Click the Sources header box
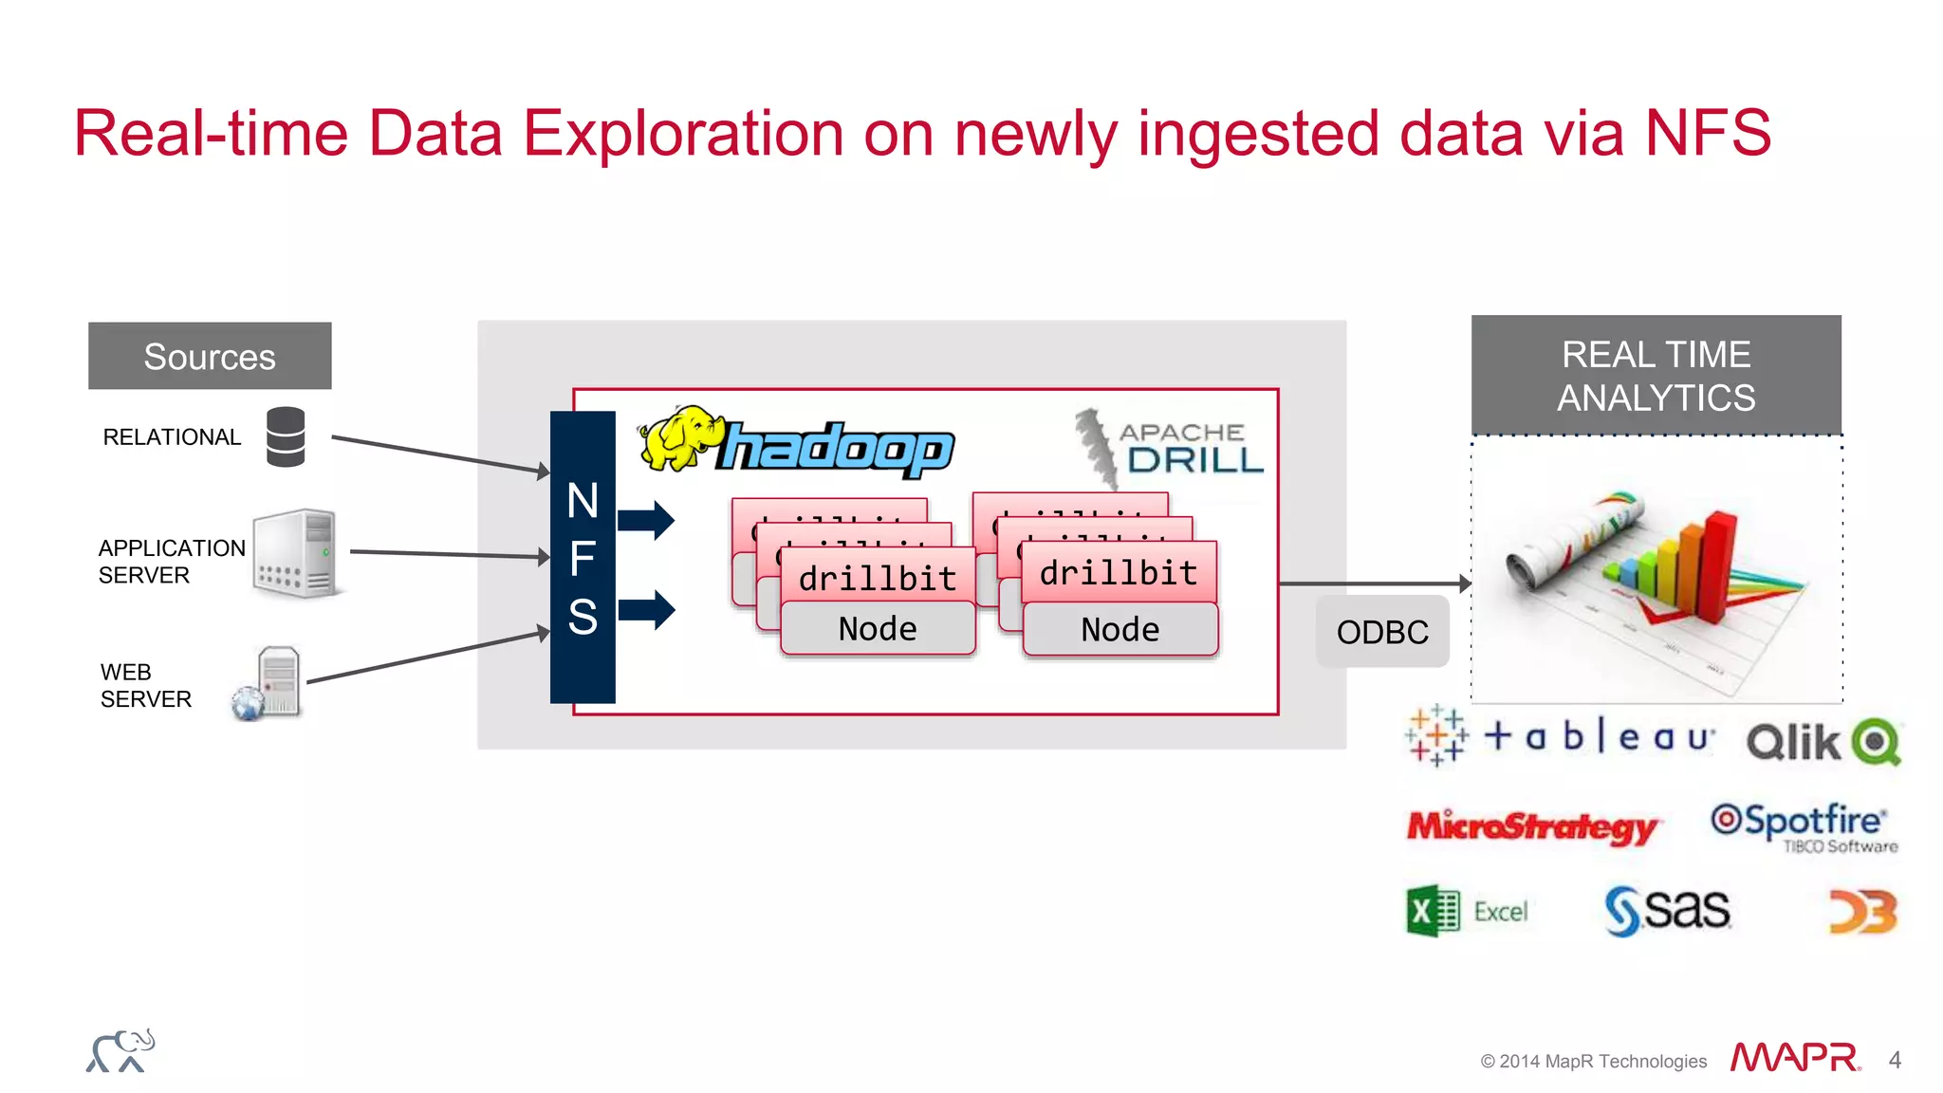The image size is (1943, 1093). pos(210,356)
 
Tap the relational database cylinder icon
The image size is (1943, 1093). pos(286,436)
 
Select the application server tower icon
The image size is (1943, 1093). pos(296,553)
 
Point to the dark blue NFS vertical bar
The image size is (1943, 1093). pos(583,557)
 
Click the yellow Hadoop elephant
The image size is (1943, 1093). pos(678,438)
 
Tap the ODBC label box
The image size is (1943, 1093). pos(1381,632)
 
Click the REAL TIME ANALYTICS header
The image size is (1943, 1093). pos(1656,376)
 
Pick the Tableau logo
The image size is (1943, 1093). pos(1561,736)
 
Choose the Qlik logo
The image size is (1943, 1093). pos(1823,742)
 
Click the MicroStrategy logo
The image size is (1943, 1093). pos(1530,826)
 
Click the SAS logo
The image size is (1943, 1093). pos(1667,911)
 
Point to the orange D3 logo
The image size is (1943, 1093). pos(1862,912)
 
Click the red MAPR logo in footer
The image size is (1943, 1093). pos(1794,1058)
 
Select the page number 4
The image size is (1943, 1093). pos(1895,1060)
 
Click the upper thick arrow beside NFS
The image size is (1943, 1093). pos(646,519)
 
